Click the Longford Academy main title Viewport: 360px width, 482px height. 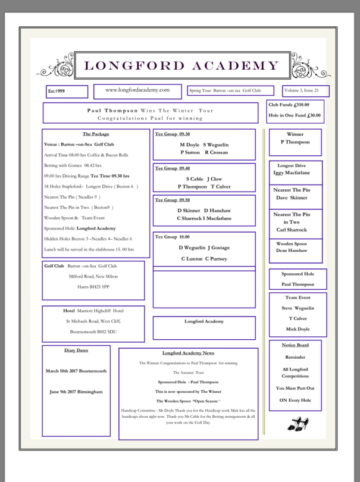[x=181, y=65]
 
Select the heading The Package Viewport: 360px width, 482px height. [x=95, y=134]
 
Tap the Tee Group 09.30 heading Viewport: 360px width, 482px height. [x=169, y=133]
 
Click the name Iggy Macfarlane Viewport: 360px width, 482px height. [x=292, y=173]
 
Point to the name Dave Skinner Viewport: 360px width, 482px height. [x=292, y=198]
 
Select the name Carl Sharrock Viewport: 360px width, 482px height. [x=292, y=229]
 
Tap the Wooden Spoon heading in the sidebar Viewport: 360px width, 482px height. [x=292, y=243]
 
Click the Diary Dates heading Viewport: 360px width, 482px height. [x=76, y=350]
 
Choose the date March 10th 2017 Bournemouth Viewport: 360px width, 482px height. [x=76, y=371]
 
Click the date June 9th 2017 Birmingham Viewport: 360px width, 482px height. [x=76, y=392]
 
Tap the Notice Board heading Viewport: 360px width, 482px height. [x=295, y=345]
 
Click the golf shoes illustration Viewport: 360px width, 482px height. [x=298, y=424]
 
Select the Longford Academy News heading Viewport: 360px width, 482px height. [x=188, y=353]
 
